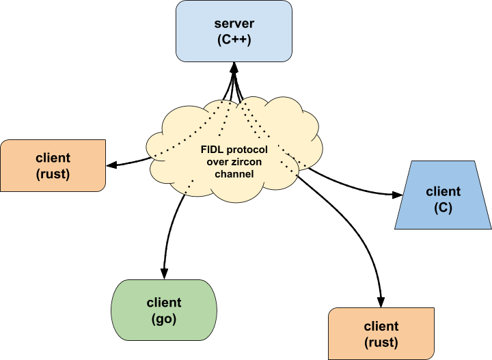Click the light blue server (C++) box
pos(234,31)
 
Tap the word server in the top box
pos(234,24)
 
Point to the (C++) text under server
pos(234,40)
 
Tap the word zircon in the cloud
pos(248,162)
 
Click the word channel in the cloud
pos(234,174)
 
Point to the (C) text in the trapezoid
pos(443,208)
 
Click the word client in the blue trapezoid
pos(443,192)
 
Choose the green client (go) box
pos(164,310)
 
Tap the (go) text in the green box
pos(164,318)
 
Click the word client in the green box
pos(164,303)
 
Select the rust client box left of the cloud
pos(53,165)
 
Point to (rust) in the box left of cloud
pos(53,174)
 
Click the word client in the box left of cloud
pos(53,158)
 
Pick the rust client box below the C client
pos(381,333)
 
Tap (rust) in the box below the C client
pos(381,342)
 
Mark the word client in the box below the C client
pos(381,327)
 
